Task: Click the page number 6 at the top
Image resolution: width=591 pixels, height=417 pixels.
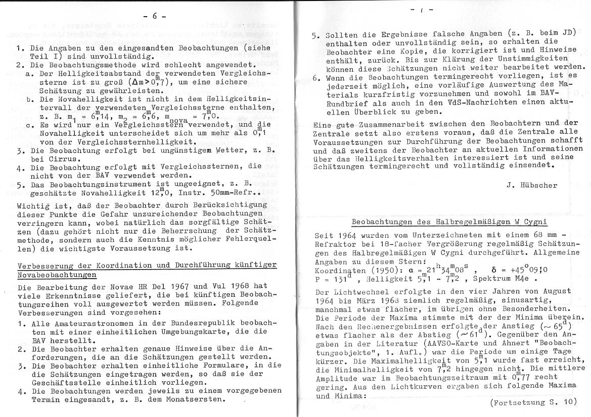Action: coord(156,16)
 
